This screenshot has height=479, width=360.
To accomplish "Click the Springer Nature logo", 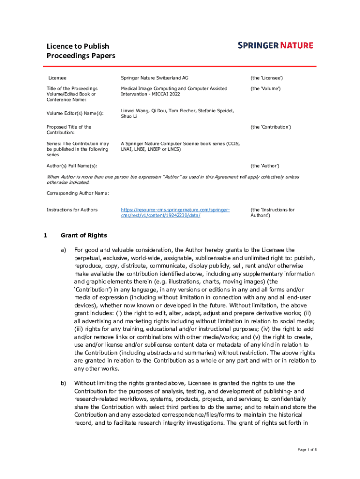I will pos(275,45).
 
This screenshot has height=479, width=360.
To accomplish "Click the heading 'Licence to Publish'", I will pos(78,46).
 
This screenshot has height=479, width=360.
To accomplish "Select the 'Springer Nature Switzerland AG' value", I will pos(155,78).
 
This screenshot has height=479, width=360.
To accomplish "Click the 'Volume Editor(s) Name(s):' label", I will pos(75,113).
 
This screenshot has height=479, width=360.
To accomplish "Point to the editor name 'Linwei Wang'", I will pos(134,111).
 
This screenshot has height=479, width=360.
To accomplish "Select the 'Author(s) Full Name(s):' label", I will pos(72,166).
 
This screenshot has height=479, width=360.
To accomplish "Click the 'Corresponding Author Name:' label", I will pos(78,193).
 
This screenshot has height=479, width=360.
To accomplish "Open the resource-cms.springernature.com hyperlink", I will pos(175,212).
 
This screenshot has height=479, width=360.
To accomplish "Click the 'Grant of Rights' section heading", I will pos(84,235).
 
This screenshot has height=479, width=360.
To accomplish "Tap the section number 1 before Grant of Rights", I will pos(45,235).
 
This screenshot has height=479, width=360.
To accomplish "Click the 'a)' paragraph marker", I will pos(63,250).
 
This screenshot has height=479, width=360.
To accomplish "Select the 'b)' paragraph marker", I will pos(63,383).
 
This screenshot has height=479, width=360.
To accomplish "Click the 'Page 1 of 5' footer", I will pos(307,450).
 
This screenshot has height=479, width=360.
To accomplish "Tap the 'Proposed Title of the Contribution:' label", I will pos(69,130).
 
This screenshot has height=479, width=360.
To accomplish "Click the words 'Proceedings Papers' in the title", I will pos(80,56).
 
